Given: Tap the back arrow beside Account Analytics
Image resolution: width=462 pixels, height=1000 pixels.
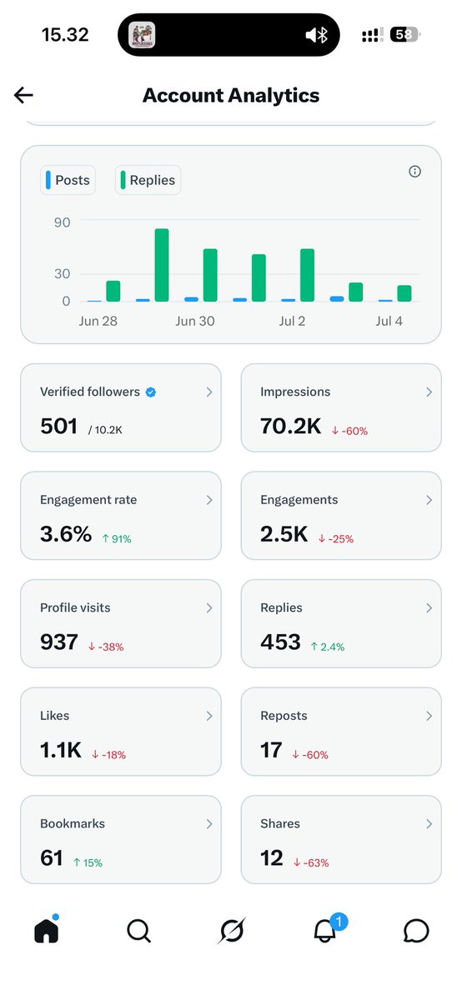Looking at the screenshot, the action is click(23, 95).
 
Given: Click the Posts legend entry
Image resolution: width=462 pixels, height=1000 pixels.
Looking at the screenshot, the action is click(68, 180).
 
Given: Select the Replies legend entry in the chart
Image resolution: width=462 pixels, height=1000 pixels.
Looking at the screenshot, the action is click(148, 180).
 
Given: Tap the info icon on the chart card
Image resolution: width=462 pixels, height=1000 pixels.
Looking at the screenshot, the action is click(414, 172).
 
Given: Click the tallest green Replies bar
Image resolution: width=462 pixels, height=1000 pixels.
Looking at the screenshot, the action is click(162, 265).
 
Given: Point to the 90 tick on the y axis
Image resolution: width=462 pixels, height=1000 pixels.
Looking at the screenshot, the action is click(62, 222).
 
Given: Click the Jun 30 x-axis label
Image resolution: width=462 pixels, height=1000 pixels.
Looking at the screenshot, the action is click(195, 321).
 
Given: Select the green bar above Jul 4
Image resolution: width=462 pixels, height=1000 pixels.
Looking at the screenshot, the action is click(404, 293).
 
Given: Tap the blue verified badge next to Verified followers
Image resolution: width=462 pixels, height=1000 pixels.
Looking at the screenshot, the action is click(151, 392).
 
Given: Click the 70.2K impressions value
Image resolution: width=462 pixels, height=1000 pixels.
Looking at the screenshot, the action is click(291, 426).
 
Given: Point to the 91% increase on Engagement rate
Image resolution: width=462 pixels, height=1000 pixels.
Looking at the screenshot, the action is click(117, 539).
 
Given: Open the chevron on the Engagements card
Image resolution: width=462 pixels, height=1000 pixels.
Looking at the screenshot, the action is click(429, 500).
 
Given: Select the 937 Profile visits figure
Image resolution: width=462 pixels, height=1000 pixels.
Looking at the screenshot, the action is click(59, 642).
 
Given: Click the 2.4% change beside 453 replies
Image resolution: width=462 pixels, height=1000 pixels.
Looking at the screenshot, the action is click(328, 647).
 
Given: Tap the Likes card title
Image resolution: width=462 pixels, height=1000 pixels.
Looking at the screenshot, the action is click(54, 716).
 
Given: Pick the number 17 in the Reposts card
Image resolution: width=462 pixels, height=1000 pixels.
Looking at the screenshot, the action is click(271, 750).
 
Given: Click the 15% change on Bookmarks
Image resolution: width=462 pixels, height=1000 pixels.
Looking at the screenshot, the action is click(88, 863).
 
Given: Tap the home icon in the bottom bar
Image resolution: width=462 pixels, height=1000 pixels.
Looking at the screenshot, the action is click(47, 929).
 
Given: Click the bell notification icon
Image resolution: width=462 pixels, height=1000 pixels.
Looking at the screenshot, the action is click(325, 932).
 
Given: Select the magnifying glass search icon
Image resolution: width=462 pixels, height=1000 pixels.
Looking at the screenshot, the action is click(139, 931).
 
